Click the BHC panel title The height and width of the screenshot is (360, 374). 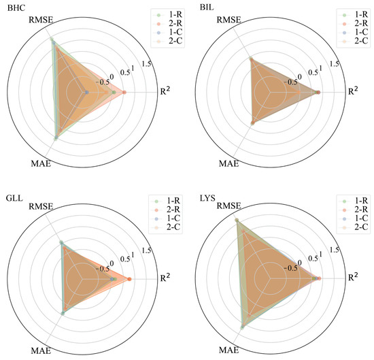(12, 7)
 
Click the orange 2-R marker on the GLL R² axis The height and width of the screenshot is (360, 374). (129, 279)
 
